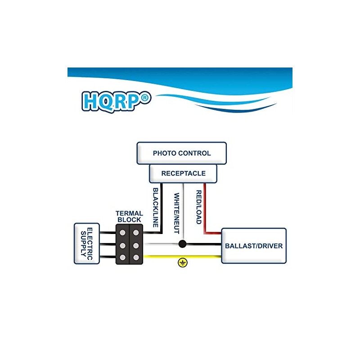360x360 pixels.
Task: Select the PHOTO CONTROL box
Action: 181,153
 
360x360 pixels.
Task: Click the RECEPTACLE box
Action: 183,173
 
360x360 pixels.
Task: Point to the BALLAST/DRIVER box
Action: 254,246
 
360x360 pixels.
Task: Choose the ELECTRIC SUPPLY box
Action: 87,243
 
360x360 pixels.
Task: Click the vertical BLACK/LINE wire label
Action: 156,207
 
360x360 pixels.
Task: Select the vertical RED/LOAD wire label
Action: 198,207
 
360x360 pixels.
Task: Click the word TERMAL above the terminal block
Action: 129,213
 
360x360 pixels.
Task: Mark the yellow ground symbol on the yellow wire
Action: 182,263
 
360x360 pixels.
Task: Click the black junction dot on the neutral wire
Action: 182,244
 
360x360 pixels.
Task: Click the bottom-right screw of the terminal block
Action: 135,257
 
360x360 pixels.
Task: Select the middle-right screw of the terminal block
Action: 135,245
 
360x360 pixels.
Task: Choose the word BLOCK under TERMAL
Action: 129,220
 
